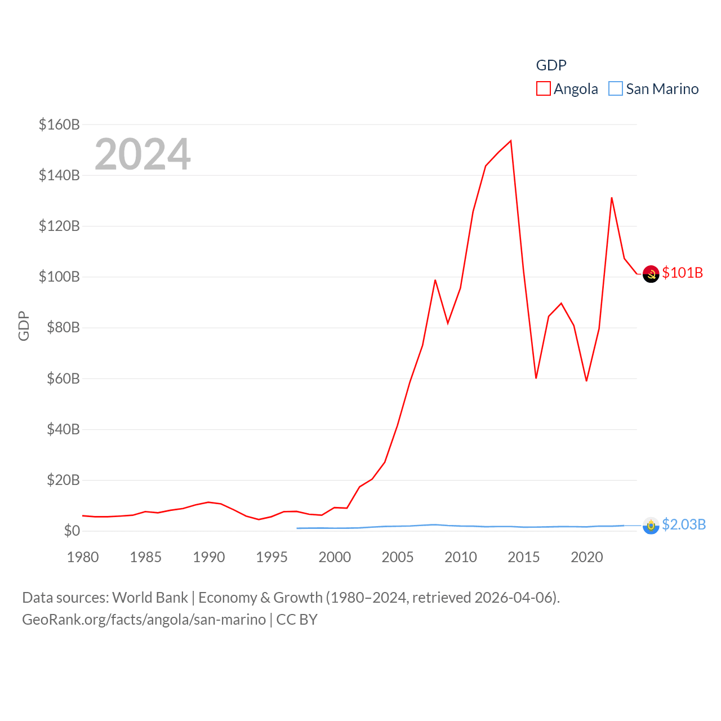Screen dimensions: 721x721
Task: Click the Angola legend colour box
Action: [543, 89]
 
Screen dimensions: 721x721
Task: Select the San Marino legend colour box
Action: [616, 89]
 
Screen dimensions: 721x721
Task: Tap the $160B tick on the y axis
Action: [59, 124]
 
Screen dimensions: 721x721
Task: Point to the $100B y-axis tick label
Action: [59, 277]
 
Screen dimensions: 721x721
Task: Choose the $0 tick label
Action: [72, 531]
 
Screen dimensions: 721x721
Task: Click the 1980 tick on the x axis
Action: [83, 557]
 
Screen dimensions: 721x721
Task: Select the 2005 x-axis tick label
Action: [398, 557]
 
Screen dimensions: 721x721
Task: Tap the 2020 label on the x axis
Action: [587, 557]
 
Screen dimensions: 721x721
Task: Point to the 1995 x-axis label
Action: [272, 557]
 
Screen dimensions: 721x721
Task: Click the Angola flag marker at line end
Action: [651, 274]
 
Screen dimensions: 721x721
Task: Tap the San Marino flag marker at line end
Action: [651, 526]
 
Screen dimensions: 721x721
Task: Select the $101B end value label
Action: [683, 273]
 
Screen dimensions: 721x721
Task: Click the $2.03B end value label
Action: [684, 524]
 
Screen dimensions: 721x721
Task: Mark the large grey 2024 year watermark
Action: [143, 154]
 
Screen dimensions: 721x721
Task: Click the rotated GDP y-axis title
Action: [24, 326]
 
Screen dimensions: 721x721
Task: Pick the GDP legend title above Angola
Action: [551, 65]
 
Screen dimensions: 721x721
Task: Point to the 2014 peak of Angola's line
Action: [511, 141]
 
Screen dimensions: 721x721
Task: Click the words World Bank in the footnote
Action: [150, 597]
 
